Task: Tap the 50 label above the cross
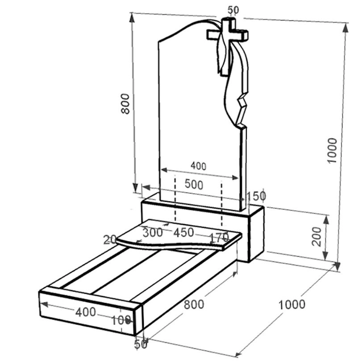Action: tap(233, 10)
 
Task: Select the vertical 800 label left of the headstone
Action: tap(125, 104)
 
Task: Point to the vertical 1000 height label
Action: tap(333, 151)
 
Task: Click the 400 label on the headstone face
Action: tap(199, 166)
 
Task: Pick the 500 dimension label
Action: tap(194, 185)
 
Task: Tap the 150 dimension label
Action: tap(257, 196)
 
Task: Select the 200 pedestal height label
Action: tap(316, 237)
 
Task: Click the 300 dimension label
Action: tap(153, 233)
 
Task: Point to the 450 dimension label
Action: tap(183, 233)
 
